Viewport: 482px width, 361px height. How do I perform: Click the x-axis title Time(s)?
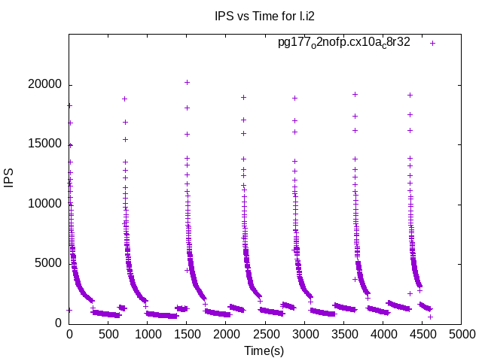pos(264,350)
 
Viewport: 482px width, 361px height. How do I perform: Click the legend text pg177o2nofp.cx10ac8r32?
pos(344,43)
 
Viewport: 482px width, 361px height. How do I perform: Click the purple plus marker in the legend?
pos(433,43)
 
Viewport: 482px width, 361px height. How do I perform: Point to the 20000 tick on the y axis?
pos(44,84)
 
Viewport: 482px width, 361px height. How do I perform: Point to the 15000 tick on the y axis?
pos(44,144)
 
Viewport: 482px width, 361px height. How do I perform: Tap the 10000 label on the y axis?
pos(44,203)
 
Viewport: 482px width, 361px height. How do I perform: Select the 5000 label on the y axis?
pos(47,262)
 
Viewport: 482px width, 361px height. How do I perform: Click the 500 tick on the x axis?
pos(108,335)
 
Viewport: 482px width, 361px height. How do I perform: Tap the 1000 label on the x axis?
pos(148,335)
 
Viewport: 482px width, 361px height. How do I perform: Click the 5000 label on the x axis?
pos(461,335)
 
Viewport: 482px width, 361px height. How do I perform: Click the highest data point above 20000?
pos(187,82)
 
